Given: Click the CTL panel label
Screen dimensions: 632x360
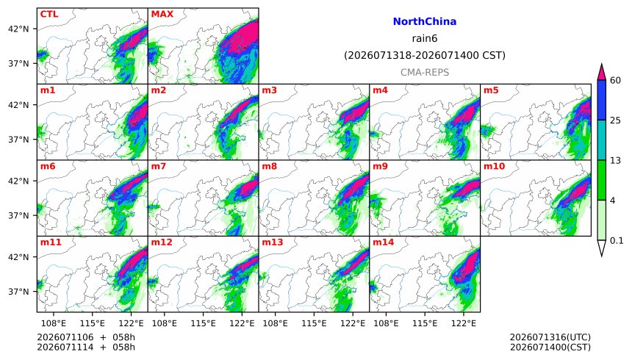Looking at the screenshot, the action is [x=49, y=14].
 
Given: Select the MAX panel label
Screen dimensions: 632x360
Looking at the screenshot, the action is [x=162, y=14].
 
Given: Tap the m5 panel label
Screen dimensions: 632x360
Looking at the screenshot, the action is [x=491, y=90].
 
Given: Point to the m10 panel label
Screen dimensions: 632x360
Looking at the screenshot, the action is [x=494, y=166].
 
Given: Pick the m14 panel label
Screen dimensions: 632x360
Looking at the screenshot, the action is [x=383, y=242].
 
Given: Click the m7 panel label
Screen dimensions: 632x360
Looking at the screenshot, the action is [x=159, y=166].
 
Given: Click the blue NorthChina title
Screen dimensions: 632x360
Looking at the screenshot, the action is [x=425, y=21].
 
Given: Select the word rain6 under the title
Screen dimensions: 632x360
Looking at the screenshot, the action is [x=425, y=39].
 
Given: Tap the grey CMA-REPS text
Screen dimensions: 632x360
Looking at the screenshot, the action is [x=425, y=73].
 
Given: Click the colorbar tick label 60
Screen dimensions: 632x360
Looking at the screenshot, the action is [x=615, y=81].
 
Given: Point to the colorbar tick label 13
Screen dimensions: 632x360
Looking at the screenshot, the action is [x=615, y=161].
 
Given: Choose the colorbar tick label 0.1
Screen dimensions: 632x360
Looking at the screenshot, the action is [x=617, y=241].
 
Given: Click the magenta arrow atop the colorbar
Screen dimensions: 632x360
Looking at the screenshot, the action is [x=601, y=73].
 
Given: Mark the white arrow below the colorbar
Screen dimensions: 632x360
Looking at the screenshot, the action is [x=601, y=247].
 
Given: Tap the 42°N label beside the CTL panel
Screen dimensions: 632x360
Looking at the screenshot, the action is [x=18, y=29].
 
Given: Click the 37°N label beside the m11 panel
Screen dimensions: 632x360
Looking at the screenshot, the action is [x=18, y=292].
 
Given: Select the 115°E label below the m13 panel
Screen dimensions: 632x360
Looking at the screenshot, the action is [x=314, y=323].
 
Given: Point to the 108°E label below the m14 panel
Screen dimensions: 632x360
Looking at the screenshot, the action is [x=386, y=323].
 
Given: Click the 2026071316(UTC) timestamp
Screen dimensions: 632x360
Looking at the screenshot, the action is [x=550, y=337].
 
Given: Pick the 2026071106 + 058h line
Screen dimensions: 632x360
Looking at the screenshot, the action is [x=86, y=337].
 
